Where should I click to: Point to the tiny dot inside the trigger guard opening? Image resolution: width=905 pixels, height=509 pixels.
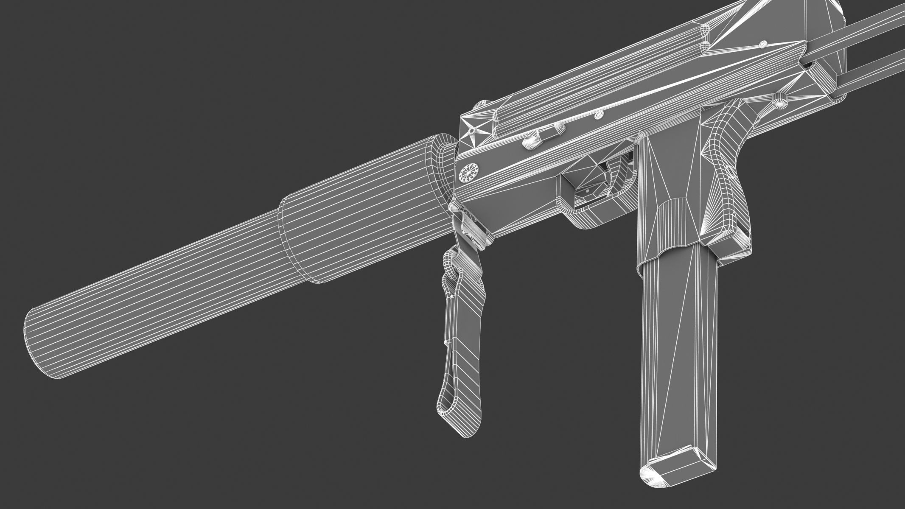(588, 191)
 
